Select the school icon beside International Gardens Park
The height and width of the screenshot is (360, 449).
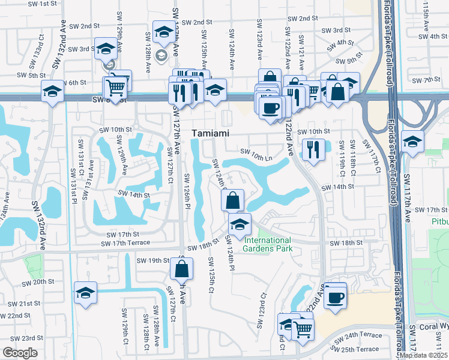coord(240,225)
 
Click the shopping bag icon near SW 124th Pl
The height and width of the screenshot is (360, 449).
coord(233,200)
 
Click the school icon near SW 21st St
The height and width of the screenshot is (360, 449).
coord(85,293)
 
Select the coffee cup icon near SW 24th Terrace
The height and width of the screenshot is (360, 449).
coord(335,296)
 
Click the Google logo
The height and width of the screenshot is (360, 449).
coord(20,353)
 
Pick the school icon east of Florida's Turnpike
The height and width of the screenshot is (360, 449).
coord(412,142)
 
